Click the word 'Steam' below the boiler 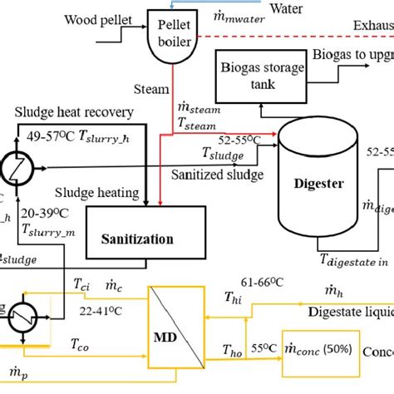tap(150, 86)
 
